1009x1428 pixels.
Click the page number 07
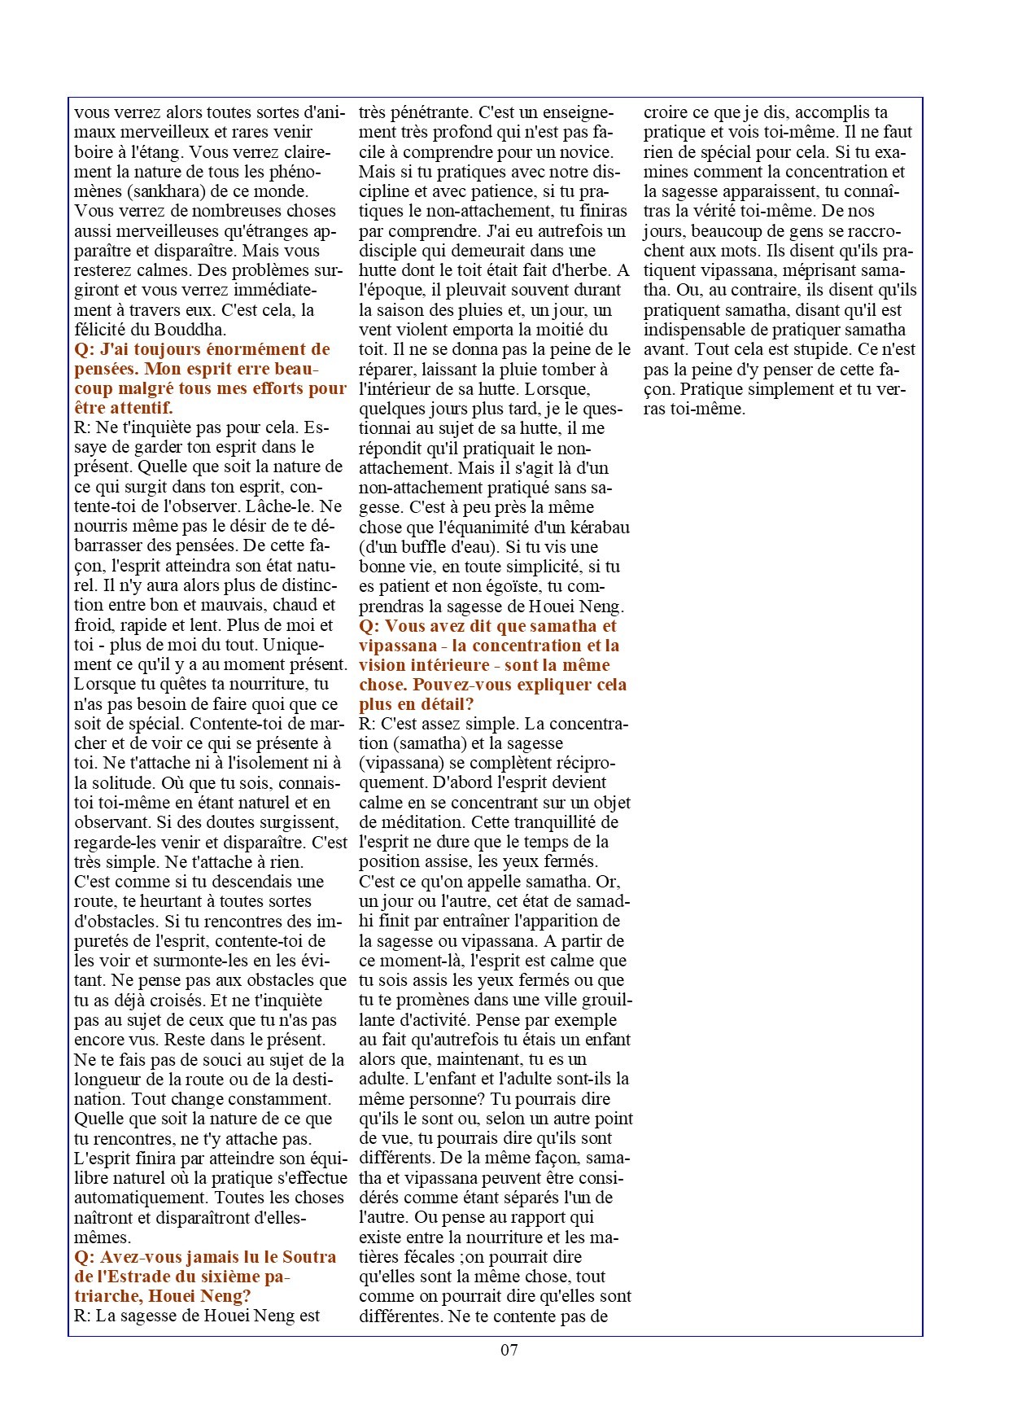coord(509,1350)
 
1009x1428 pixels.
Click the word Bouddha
coord(193,330)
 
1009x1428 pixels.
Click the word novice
coord(583,152)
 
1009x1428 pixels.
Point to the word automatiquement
coord(139,1198)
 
